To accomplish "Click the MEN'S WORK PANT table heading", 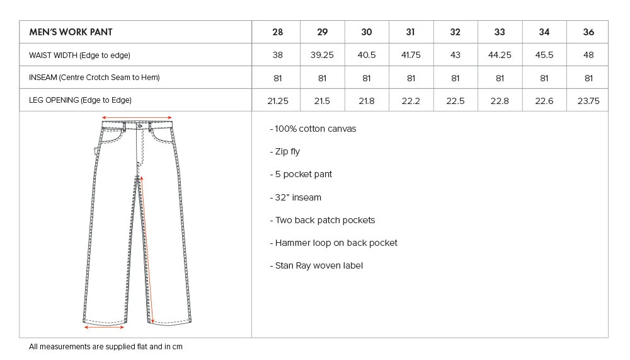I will tap(71, 32).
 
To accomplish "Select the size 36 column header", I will tap(588, 32).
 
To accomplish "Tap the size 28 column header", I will tap(278, 32).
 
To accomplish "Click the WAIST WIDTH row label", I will tap(79, 55).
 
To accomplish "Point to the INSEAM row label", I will tap(94, 78).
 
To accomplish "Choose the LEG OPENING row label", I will tap(80, 100).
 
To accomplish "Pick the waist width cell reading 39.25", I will tap(322, 55).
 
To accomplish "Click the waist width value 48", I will tap(588, 55).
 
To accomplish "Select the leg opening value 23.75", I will tap(588, 101).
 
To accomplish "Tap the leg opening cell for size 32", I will tap(455, 101).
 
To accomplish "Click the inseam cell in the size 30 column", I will tap(367, 78).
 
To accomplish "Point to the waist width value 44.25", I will tap(500, 55).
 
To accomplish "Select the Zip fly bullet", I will tap(287, 152).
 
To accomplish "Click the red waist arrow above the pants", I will tap(137, 117).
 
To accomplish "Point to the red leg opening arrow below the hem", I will tap(105, 327).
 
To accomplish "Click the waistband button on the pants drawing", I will tap(139, 126).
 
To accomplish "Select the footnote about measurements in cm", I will tap(106, 347).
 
